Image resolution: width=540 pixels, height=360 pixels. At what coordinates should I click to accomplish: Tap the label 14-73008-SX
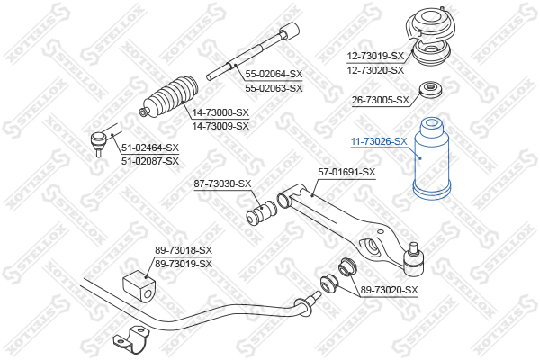220,113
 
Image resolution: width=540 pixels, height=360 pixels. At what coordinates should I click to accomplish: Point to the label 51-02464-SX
150,148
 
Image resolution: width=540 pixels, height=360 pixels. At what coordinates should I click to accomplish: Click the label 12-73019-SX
376,57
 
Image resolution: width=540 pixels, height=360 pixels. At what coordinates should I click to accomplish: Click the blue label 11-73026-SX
379,141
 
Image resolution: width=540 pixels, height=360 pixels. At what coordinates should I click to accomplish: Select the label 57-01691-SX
346,172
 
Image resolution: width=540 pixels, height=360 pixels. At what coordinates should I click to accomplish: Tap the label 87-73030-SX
223,184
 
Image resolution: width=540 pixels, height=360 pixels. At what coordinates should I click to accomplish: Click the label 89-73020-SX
390,289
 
